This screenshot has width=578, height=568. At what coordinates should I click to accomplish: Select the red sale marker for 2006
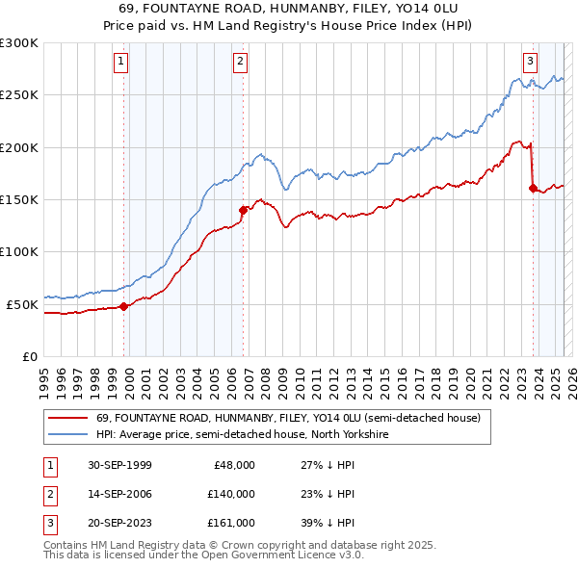(243, 209)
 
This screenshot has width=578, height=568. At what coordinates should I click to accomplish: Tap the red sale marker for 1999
(124, 306)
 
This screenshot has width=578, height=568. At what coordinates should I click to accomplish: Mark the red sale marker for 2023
(533, 188)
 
